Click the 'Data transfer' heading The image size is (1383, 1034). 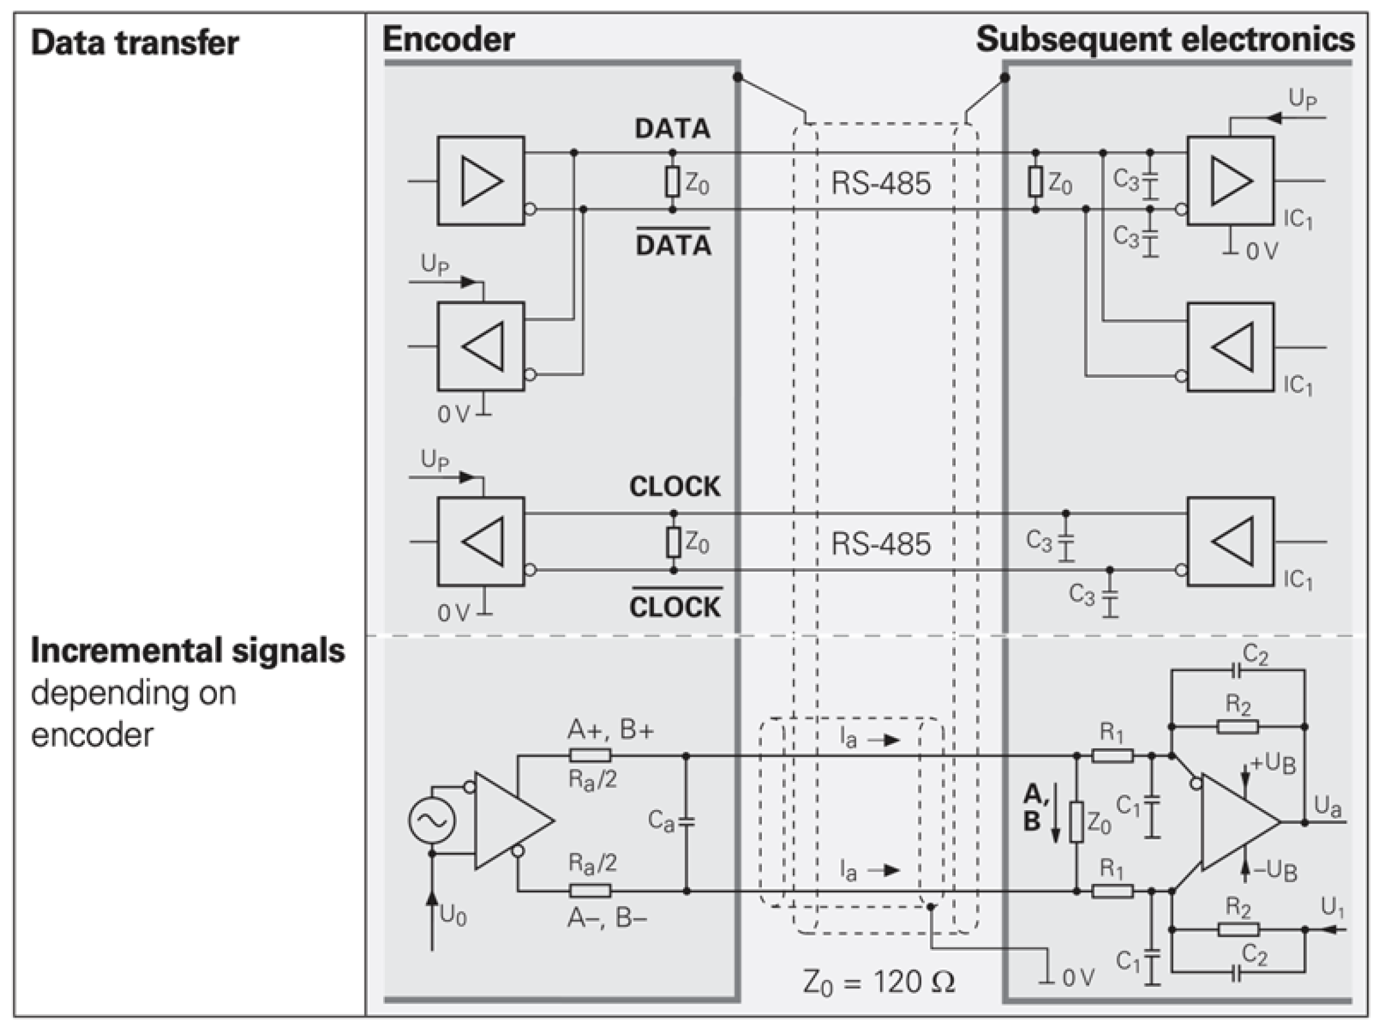pyautogui.click(x=135, y=43)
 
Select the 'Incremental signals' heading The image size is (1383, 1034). pyautogui.click(x=188, y=651)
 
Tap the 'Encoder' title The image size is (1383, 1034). pyautogui.click(x=448, y=40)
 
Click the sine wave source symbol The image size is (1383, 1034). pyautogui.click(x=431, y=820)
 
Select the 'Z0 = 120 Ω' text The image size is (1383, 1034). pyautogui.click(x=878, y=982)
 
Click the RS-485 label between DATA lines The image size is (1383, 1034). pyautogui.click(x=880, y=183)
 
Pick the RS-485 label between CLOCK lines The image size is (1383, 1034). pyautogui.click(x=880, y=543)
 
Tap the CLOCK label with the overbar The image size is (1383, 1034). pyautogui.click(x=675, y=606)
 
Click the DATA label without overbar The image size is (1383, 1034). pyautogui.click(x=673, y=129)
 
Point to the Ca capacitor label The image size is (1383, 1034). pyautogui.click(x=661, y=820)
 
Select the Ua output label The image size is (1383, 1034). pyautogui.click(x=1328, y=806)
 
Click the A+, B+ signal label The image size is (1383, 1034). pyautogui.click(x=610, y=730)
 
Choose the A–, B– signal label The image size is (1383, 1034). pyautogui.click(x=607, y=918)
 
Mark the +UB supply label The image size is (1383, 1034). pyautogui.click(x=1272, y=764)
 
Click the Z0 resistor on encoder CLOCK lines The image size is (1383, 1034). pyautogui.click(x=673, y=542)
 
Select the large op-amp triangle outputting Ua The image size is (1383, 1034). pyautogui.click(x=1235, y=822)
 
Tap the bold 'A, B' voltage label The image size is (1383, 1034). pyautogui.click(x=1035, y=808)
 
